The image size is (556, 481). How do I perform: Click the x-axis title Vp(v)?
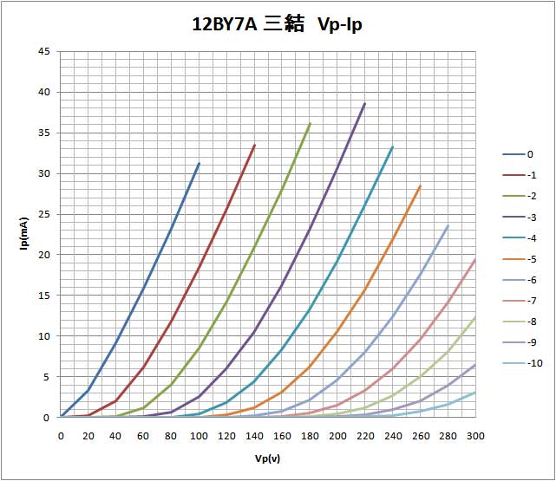tap(268, 458)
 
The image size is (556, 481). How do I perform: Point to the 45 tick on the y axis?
tap(43, 51)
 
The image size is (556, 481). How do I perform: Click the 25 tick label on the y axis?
tap(43, 214)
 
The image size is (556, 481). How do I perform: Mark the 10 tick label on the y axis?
tap(43, 336)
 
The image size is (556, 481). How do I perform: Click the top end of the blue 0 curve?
tap(199, 163)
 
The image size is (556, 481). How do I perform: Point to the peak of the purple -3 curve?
tap(364, 103)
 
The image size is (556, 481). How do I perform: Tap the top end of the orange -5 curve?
tap(420, 185)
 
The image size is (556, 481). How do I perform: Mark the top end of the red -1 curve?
tap(254, 145)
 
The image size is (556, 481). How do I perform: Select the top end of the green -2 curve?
tap(310, 123)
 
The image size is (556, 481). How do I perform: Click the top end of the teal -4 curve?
tap(392, 146)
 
